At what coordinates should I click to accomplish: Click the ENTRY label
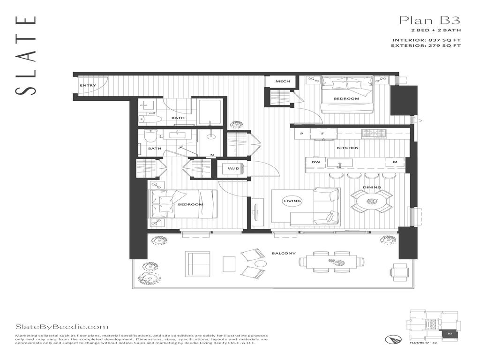[88, 86]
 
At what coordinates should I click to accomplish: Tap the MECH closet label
[282, 82]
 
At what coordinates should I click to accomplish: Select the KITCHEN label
[347, 148]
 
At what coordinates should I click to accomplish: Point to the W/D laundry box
[233, 168]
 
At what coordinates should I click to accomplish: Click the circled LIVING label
[292, 201]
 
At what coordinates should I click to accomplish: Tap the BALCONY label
[284, 254]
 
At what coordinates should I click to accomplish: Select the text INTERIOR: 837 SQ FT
[427, 40]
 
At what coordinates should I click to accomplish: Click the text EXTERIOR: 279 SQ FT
[427, 45]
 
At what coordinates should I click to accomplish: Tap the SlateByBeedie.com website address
[62, 327]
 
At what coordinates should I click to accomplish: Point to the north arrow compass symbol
[391, 338]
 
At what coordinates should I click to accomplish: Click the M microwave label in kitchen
[395, 162]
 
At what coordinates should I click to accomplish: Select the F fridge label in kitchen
[322, 134]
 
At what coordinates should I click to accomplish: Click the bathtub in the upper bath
[210, 112]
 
